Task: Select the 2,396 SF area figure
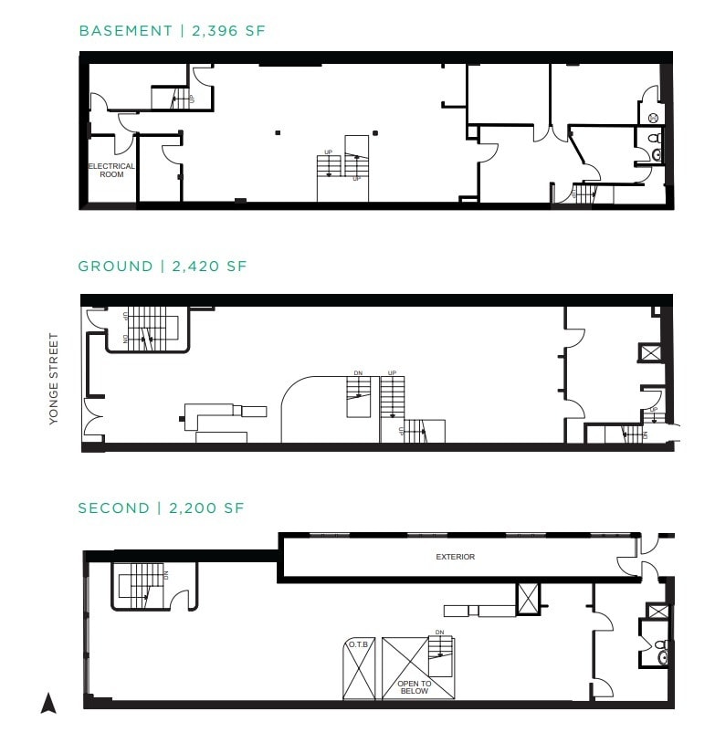227,31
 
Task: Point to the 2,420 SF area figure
208,267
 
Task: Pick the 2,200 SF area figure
206,507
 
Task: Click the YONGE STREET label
53,378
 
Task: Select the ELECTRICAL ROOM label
111,170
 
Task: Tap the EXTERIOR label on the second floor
456,557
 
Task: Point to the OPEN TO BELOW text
414,686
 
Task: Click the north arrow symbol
49,703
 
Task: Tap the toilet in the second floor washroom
662,656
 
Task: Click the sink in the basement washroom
657,155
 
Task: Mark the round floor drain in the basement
653,118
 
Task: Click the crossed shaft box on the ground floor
650,352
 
